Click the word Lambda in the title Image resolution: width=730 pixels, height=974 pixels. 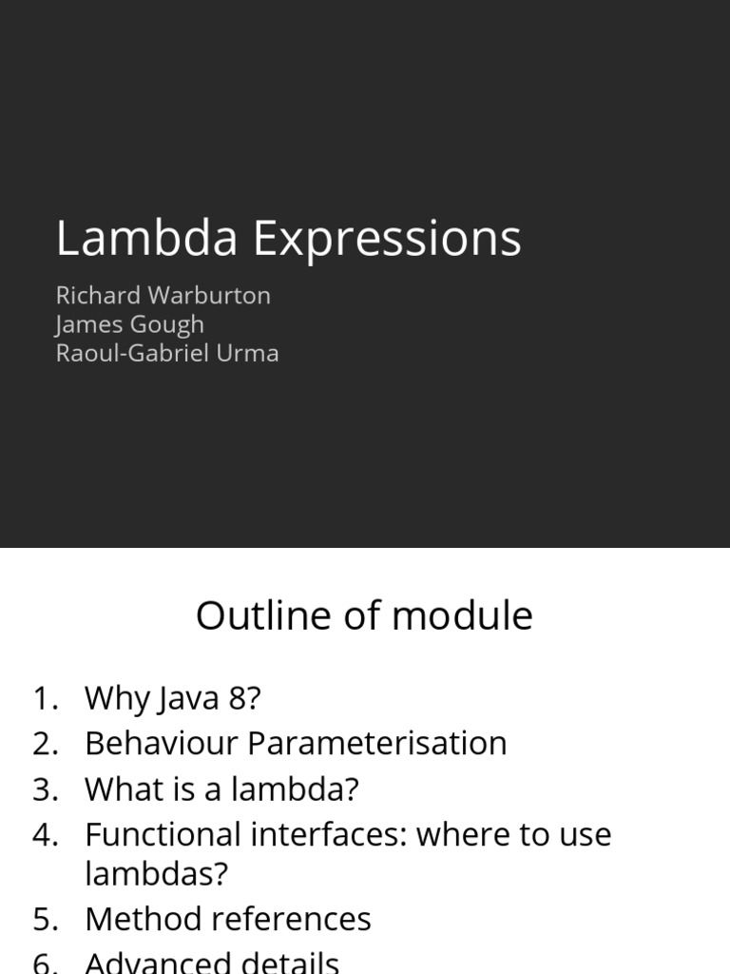tap(145, 238)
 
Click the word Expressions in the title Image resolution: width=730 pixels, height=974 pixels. tap(386, 240)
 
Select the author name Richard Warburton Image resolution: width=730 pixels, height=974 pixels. tap(163, 295)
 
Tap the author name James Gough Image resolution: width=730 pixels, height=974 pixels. tap(130, 324)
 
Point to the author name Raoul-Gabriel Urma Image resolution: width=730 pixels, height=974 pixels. tap(167, 353)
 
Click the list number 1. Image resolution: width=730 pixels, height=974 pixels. tap(44, 698)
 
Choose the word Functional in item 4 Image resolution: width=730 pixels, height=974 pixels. tap(163, 834)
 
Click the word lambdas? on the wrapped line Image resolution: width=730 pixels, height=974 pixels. tap(156, 873)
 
